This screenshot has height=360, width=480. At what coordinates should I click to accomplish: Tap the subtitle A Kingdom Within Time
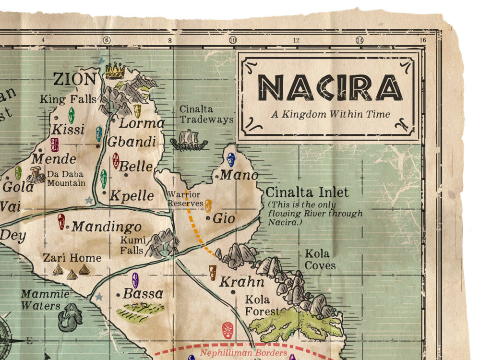click(330, 114)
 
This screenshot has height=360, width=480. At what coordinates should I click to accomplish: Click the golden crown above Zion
click(115, 71)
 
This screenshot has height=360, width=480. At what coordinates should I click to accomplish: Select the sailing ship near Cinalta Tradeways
click(189, 141)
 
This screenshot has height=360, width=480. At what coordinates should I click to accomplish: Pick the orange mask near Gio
click(208, 206)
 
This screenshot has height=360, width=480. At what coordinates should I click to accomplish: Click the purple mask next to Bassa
click(135, 280)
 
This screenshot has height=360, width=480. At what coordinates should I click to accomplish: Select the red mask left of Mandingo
click(61, 221)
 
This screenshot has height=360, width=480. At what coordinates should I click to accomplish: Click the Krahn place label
click(241, 282)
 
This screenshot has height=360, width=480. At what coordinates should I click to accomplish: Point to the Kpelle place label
click(132, 196)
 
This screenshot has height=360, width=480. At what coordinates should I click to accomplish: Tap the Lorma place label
click(141, 123)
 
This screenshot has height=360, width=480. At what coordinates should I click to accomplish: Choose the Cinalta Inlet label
click(307, 192)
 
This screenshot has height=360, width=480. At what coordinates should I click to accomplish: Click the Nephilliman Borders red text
click(243, 353)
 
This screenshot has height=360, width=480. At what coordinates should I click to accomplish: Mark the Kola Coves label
click(320, 260)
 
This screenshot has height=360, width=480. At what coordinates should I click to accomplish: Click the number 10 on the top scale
click(232, 40)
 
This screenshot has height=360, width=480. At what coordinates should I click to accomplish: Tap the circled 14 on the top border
click(359, 40)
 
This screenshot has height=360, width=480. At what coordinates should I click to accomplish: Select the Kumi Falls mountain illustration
click(162, 243)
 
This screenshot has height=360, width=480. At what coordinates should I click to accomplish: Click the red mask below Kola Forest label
click(228, 330)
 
